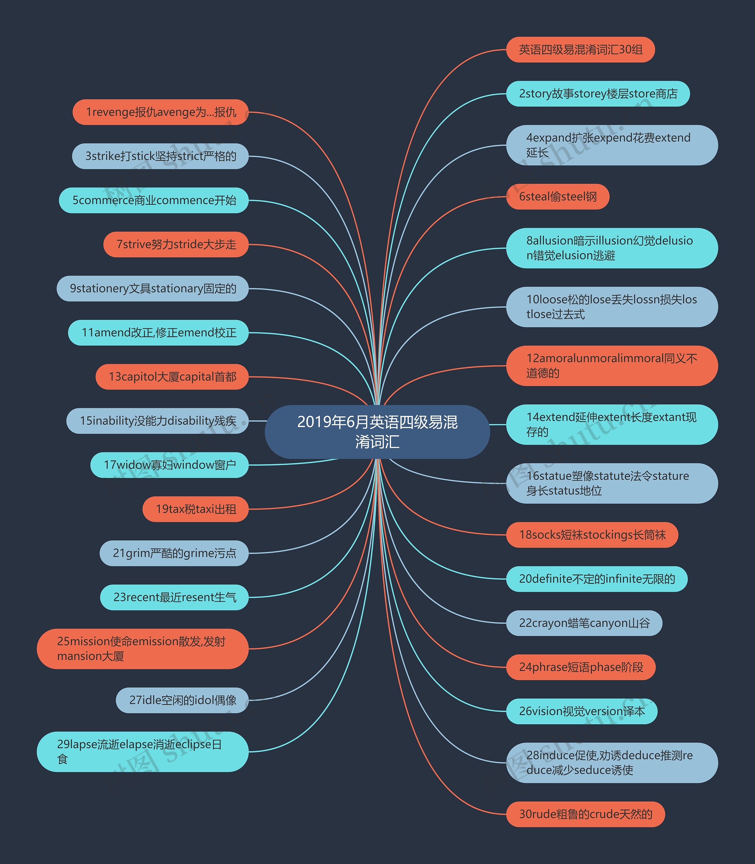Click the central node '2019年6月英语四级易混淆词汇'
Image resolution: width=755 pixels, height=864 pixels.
point(377,432)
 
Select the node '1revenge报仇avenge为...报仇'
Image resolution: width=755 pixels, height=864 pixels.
point(160,112)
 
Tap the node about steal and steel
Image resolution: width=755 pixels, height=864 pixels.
point(557,197)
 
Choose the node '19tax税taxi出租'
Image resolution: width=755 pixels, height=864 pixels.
point(196,509)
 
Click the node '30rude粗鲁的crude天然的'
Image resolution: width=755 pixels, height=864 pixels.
point(585,814)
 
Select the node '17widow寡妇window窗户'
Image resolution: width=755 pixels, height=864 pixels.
point(169,465)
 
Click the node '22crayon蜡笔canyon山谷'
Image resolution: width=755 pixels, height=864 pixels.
point(584,623)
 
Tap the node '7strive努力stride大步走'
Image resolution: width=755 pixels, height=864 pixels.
point(176,244)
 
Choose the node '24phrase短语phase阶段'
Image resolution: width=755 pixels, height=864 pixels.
point(581,667)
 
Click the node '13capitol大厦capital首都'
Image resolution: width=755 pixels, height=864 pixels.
point(172,377)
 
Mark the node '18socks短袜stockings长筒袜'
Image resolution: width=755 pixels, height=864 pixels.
point(592,535)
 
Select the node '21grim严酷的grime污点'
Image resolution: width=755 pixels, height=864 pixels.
point(174,553)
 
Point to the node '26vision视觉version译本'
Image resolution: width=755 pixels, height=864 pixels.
point(581,712)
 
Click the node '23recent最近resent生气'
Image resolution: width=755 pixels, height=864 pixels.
point(174,597)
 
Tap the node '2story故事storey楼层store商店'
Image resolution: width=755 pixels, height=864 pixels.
point(598,93)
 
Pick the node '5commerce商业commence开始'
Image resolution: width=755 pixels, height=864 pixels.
point(154,200)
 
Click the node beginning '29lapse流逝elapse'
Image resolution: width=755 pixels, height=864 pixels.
point(142,752)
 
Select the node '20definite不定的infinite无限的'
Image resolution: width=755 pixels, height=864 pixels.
point(597,579)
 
